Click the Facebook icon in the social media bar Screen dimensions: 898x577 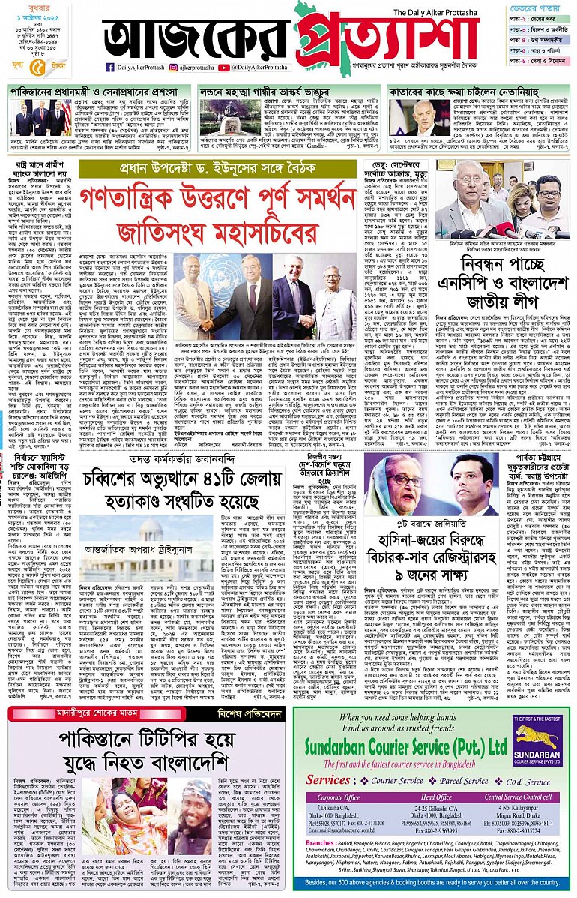point(110,67)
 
